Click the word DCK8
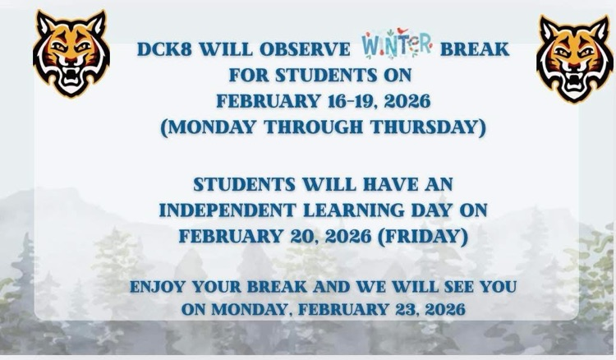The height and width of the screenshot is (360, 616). click(x=165, y=48)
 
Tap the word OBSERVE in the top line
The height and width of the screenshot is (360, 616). click(x=309, y=48)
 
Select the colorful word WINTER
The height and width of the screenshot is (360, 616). click(x=397, y=47)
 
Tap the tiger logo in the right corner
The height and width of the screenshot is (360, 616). click(x=573, y=58)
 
